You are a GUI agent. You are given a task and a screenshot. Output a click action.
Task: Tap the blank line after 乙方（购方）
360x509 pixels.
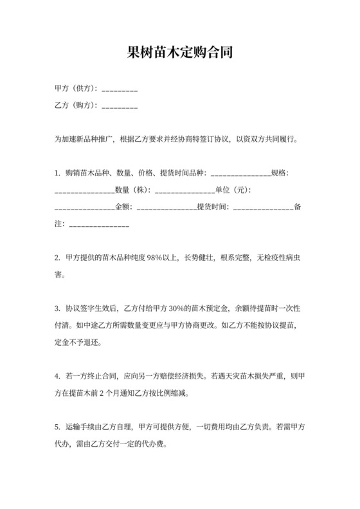click(120, 106)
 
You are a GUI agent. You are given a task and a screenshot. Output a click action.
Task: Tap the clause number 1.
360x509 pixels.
click(57, 174)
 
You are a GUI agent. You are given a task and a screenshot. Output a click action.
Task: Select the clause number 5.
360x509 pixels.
click(57, 426)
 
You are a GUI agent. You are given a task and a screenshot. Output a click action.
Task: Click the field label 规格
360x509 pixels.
click(281, 174)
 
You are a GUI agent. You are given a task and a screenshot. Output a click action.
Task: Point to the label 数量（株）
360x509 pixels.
click(132, 190)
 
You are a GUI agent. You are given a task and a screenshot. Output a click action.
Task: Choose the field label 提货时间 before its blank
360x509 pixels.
click(212, 207)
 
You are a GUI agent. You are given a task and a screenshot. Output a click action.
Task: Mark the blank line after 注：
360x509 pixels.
click(98, 225)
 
